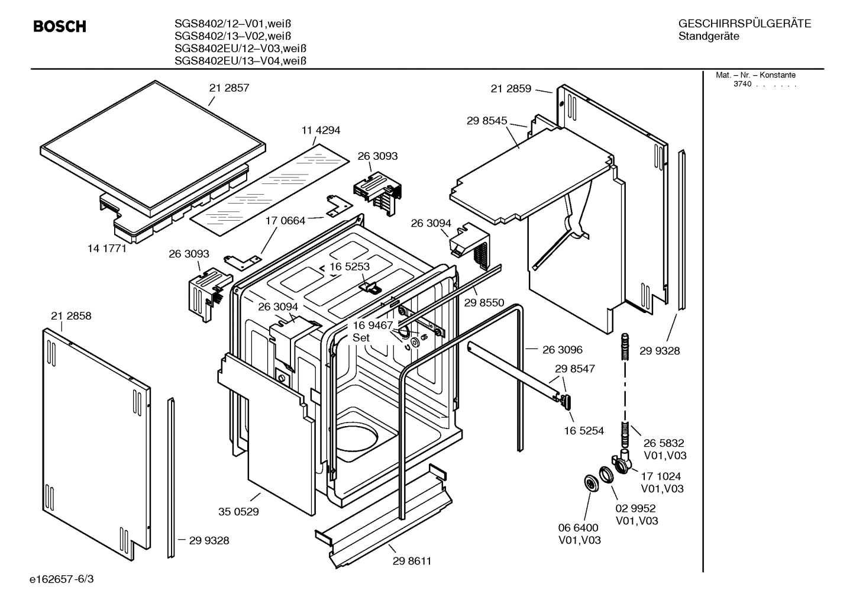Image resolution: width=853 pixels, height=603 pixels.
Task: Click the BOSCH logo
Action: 60,26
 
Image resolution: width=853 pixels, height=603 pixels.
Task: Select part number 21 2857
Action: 229,88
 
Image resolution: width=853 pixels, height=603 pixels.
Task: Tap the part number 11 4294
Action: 321,130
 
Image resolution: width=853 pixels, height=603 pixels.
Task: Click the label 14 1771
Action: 107,249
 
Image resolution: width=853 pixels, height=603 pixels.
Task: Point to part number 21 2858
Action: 71,316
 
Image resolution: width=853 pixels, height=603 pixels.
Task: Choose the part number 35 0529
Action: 238,512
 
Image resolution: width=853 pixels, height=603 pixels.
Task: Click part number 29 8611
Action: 412,561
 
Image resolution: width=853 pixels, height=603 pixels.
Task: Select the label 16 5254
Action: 584,431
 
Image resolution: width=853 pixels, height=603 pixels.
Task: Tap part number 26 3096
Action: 562,350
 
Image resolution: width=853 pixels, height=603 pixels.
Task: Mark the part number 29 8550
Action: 484,303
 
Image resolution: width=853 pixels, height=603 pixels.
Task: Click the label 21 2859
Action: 510,89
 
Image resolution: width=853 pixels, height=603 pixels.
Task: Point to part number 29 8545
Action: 487,121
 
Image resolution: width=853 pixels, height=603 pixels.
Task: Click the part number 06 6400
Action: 578,527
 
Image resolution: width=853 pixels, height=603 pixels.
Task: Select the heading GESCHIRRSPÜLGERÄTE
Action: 744,24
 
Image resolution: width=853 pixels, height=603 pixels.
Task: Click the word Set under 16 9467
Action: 361,338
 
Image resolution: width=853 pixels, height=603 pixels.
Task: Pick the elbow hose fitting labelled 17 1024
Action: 619,462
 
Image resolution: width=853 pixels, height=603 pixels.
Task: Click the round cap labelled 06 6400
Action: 590,483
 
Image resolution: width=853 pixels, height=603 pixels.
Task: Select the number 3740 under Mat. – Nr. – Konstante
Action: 742,84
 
